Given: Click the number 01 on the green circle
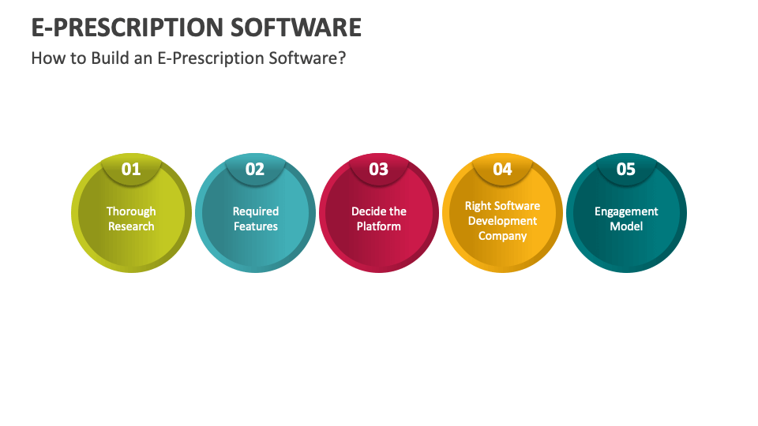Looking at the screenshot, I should pyautogui.click(x=131, y=169).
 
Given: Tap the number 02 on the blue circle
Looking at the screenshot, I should pyautogui.click(x=255, y=169).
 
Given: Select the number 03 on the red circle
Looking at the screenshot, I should pyautogui.click(x=379, y=169).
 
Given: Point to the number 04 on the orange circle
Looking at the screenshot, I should pyautogui.click(x=503, y=169).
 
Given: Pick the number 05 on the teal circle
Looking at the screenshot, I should pyautogui.click(x=626, y=169).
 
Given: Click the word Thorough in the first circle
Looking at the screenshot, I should pyautogui.click(x=131, y=211).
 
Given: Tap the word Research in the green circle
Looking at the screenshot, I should pyautogui.click(x=131, y=226).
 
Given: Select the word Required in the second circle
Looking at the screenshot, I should pyautogui.click(x=255, y=211).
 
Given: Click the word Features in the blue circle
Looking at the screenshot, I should pyautogui.click(x=255, y=226).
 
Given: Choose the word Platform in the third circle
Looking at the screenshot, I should pyautogui.click(x=379, y=226).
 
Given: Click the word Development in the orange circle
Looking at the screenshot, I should pyautogui.click(x=502, y=221).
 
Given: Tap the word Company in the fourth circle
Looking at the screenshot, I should pyautogui.click(x=502, y=236).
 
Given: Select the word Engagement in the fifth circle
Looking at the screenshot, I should pyautogui.click(x=626, y=211).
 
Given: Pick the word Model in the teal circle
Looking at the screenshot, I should pyautogui.click(x=626, y=226).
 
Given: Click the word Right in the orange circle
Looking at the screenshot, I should pyautogui.click(x=478, y=206).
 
